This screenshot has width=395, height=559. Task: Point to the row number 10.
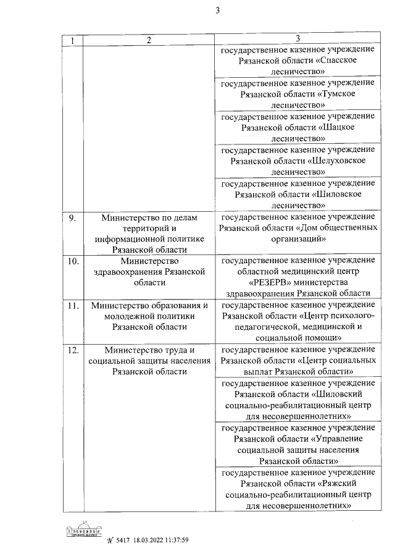73,261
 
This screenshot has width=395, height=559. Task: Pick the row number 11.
73,305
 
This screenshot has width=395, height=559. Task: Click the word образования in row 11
178,305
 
